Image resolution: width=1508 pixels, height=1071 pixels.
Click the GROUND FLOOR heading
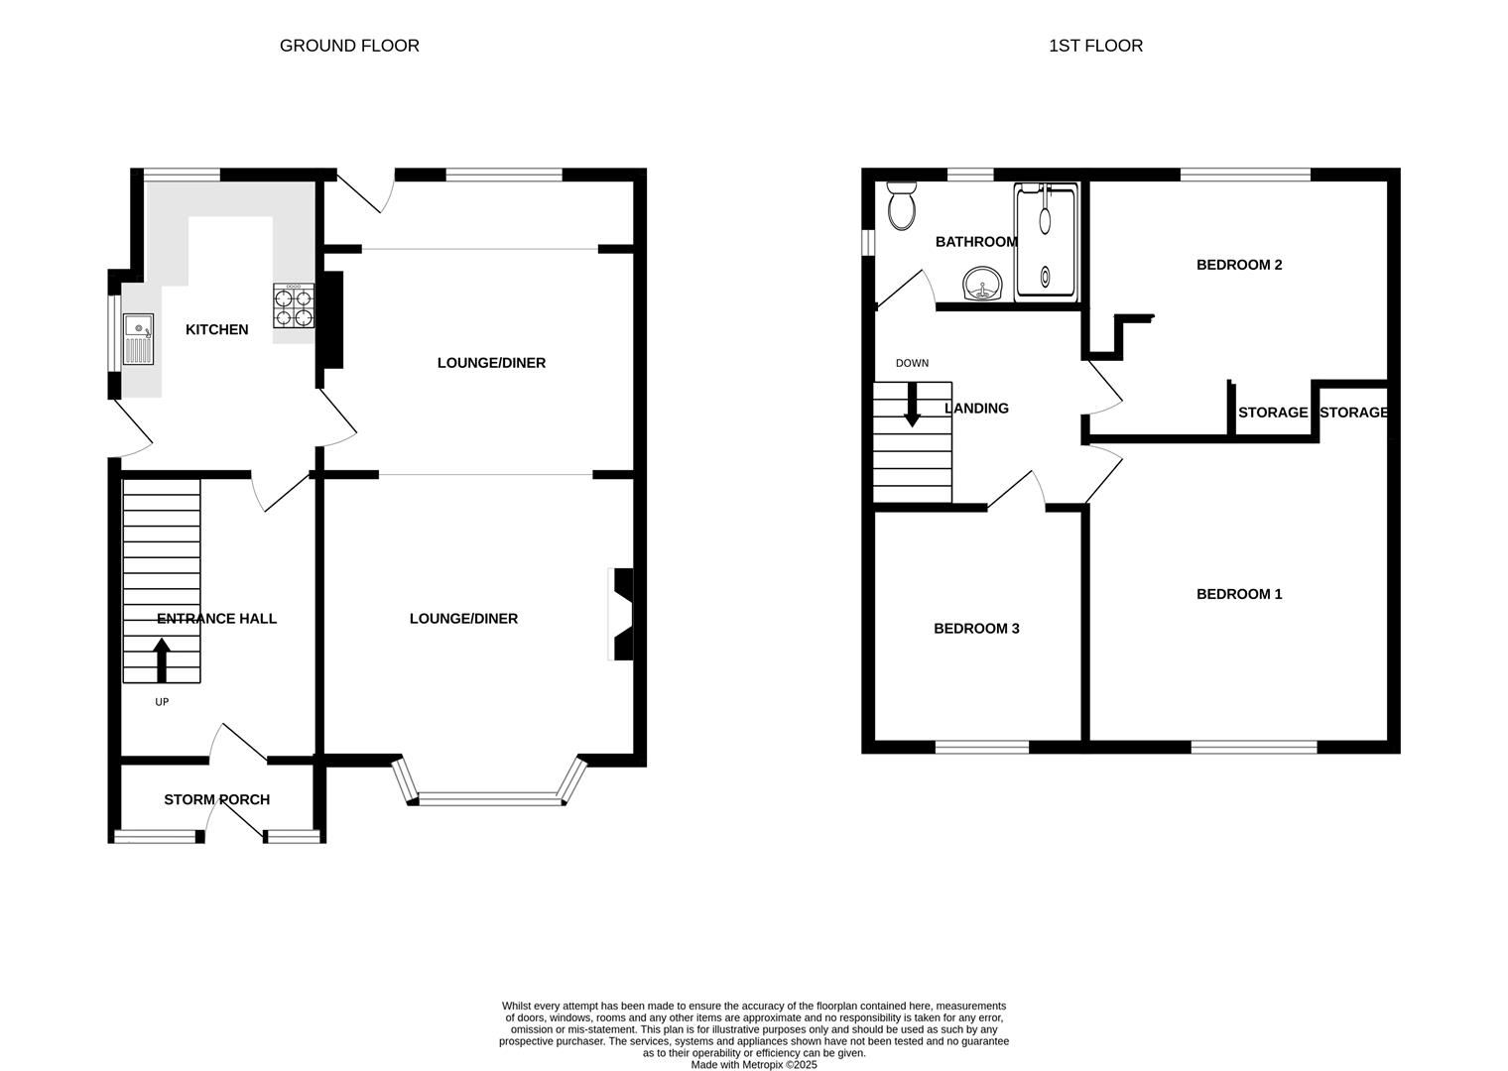pyautogui.click(x=349, y=46)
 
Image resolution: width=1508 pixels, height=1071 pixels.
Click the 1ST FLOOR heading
pyautogui.click(x=1095, y=46)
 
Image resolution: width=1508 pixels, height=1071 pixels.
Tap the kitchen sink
pyautogui.click(x=138, y=339)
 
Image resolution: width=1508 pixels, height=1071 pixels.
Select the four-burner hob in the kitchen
pyautogui.click(x=294, y=305)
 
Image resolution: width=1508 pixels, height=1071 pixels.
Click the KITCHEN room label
pyautogui.click(x=216, y=329)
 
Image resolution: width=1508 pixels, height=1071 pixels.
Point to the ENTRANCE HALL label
pyautogui.click(x=216, y=619)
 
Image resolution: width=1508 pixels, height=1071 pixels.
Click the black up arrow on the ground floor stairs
pyautogui.click(x=162, y=660)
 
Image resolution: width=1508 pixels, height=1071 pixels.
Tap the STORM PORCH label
pyautogui.click(x=216, y=799)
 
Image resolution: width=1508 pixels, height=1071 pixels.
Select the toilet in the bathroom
pyautogui.click(x=902, y=205)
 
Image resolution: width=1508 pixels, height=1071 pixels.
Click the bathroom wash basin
pyautogui.click(x=983, y=284)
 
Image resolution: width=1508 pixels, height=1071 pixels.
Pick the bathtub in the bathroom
pyautogui.click(x=1046, y=242)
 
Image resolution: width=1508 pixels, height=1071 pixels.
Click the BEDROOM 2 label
pyautogui.click(x=1239, y=265)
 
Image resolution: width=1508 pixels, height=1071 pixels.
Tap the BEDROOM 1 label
pyautogui.click(x=1239, y=594)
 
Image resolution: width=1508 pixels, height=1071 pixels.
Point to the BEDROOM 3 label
pyautogui.click(x=976, y=629)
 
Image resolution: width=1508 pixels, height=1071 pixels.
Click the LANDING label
pyautogui.click(x=976, y=409)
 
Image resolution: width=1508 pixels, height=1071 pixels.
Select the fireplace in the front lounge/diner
pyautogui.click(x=622, y=614)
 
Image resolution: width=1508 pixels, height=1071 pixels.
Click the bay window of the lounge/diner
pyautogui.click(x=489, y=797)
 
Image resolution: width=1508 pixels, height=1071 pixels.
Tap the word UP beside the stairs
pyautogui.click(x=162, y=702)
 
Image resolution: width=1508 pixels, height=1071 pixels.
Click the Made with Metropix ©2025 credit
pyautogui.click(x=754, y=1065)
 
